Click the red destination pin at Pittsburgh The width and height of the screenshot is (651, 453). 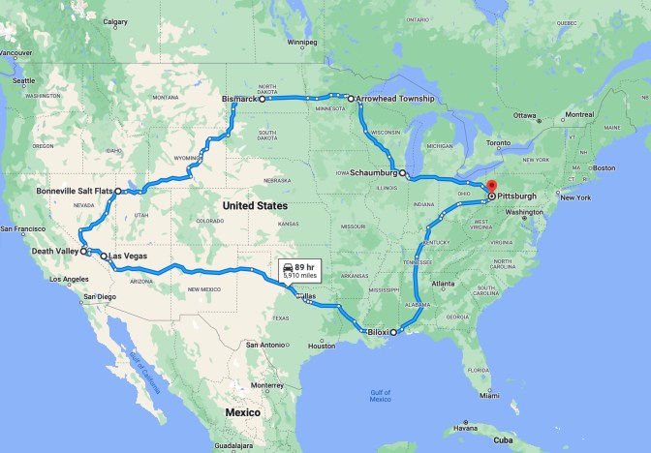tap(491, 187)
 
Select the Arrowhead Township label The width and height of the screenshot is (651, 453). tap(395, 99)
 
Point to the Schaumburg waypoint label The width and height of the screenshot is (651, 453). tap(373, 173)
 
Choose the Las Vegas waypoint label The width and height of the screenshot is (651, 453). tap(128, 257)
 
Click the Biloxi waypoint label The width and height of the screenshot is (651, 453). tap(378, 332)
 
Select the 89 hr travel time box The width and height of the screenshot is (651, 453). tap(300, 270)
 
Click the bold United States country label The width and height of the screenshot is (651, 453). tap(254, 206)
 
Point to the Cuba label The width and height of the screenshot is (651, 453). tap(502, 439)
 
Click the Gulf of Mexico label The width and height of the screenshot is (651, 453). tap(380, 395)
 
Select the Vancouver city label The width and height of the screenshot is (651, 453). tap(16, 52)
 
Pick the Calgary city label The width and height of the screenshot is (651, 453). tap(115, 21)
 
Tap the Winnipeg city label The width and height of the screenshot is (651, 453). tap(302, 43)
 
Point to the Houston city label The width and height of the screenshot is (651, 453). tap(322, 346)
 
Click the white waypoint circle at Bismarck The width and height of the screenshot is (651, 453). tap(263, 99)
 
